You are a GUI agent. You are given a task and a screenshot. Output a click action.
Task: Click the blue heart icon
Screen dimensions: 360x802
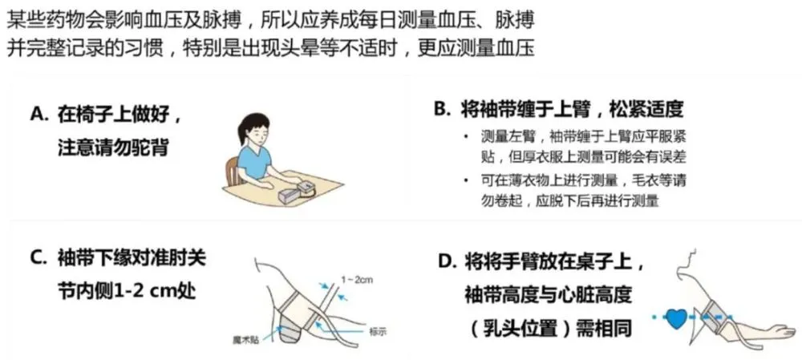[678, 318]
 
